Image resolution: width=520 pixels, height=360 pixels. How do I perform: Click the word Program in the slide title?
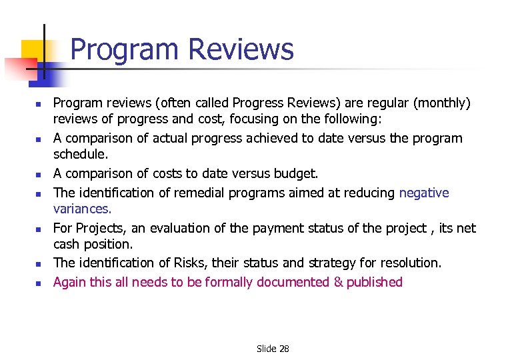125,50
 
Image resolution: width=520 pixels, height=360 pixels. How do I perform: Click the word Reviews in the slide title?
241,50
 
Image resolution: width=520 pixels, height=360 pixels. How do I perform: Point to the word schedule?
80,153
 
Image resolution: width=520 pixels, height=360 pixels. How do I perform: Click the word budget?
295,173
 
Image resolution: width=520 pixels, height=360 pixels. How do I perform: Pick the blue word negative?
424,193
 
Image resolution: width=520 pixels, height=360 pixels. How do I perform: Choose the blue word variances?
83,209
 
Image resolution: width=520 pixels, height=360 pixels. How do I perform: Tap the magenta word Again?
69,283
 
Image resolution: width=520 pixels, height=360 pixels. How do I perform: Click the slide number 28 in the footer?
283,349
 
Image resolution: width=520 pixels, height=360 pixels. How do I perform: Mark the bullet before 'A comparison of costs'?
39,175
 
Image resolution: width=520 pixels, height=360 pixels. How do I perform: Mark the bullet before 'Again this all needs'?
39,283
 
